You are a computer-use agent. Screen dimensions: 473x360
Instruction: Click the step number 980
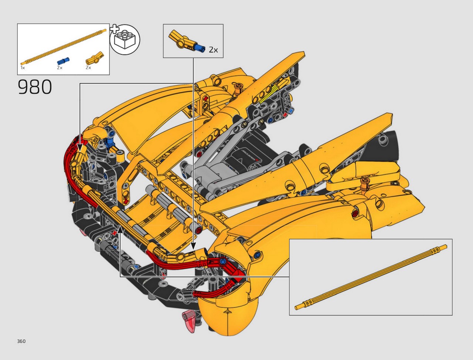coord(35,87)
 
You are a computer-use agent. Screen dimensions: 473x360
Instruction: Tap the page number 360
coord(21,341)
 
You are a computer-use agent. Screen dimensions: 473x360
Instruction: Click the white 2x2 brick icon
coord(125,40)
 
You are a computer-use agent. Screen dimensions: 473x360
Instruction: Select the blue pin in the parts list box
coord(63,61)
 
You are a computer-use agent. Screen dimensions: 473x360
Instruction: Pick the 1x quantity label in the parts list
coord(23,68)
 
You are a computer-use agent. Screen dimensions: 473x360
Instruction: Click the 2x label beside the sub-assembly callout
coord(213,50)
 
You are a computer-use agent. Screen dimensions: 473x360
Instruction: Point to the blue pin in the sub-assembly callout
coord(200,48)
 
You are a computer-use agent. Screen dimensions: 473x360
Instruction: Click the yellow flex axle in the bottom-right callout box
coord(371,277)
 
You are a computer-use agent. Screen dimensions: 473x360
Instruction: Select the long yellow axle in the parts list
coord(63,47)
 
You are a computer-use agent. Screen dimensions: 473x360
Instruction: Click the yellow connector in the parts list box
coord(95,59)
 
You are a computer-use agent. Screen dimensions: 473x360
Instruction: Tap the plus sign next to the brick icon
coord(114,29)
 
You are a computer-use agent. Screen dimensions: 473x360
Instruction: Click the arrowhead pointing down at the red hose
coord(80,147)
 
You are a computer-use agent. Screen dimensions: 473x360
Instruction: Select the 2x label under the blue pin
coord(60,68)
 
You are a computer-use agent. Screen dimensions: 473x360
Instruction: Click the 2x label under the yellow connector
coord(88,68)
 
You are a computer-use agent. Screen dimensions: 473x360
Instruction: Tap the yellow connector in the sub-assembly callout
coord(181,40)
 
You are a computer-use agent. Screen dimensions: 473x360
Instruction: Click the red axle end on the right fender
coord(355,214)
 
